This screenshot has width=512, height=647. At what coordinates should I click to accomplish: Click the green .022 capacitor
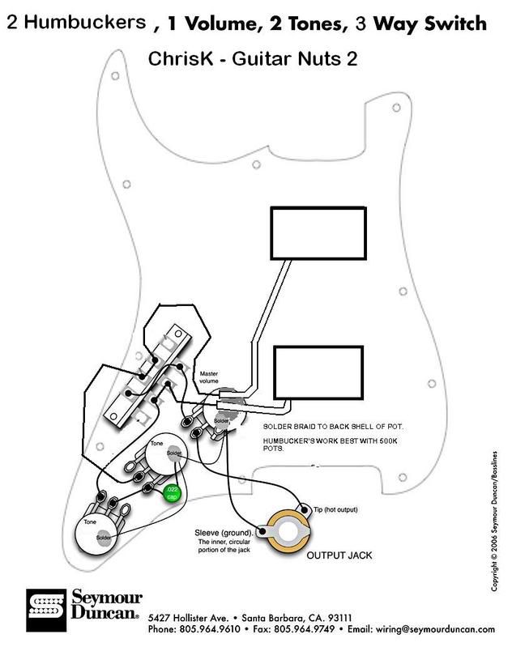click(171, 492)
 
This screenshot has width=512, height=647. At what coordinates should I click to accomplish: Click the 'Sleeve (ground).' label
click(224, 532)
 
